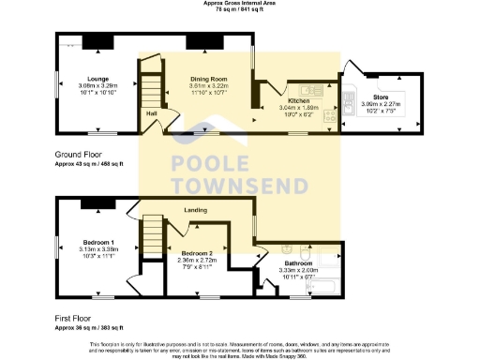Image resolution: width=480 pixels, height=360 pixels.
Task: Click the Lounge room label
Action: [98, 78]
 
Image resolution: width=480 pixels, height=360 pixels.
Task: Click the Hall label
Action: [150, 113]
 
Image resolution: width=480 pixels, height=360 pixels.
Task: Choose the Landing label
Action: [195, 210]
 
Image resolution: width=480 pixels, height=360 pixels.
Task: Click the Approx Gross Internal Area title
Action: [239, 3]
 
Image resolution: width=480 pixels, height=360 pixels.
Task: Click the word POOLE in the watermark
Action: [209, 163]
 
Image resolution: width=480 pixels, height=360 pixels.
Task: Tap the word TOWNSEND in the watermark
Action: [240, 184]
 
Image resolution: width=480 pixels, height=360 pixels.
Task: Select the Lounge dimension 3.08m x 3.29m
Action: [98, 85]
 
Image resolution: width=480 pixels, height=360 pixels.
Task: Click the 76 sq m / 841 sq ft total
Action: [239, 9]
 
